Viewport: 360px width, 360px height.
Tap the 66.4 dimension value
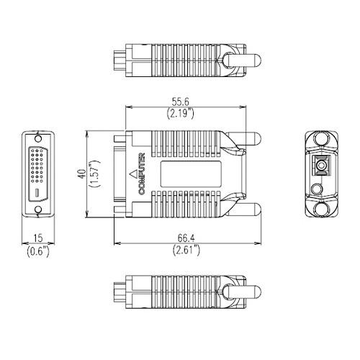tap(186, 239)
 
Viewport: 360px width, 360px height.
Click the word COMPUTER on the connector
tap(142, 175)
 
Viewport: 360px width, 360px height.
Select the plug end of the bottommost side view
tap(117, 294)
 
